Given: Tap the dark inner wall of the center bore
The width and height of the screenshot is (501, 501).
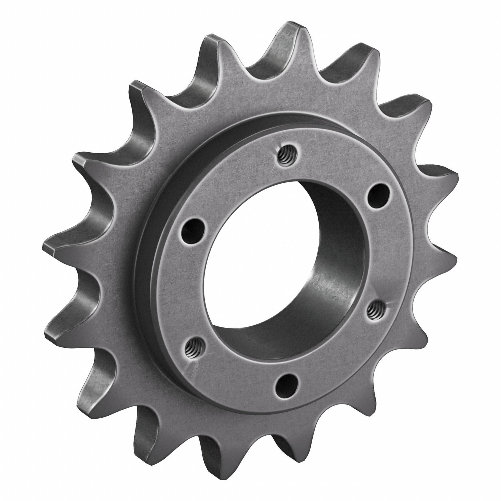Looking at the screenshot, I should (x=337, y=259).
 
